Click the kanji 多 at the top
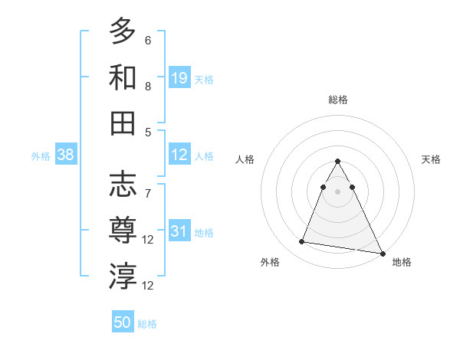(x=123, y=31)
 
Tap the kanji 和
(x=123, y=77)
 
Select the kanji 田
(x=123, y=123)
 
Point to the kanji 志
(x=123, y=185)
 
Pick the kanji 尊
(x=123, y=230)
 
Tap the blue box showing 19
(x=179, y=77)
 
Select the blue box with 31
(x=179, y=231)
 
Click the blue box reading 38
(x=66, y=155)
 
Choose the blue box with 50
(x=123, y=322)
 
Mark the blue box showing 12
(x=179, y=155)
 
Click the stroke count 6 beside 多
(x=147, y=40)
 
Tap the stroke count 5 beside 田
(x=147, y=132)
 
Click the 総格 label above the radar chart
(x=338, y=100)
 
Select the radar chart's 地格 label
(x=402, y=262)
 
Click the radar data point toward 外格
(x=302, y=242)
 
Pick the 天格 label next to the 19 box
(x=204, y=79)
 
